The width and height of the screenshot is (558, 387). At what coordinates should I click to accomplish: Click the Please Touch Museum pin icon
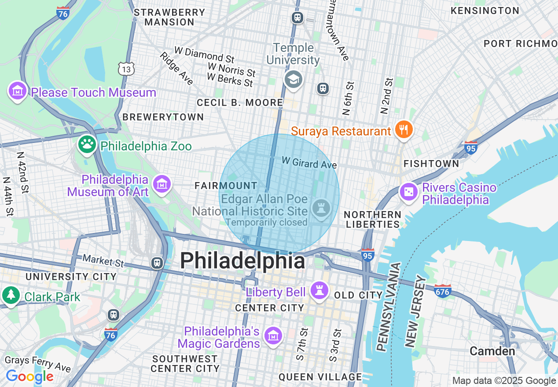(x=17, y=91)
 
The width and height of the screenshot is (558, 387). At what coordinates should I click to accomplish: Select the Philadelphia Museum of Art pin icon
(x=162, y=184)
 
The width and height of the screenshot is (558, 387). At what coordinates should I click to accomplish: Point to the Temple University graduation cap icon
(x=293, y=80)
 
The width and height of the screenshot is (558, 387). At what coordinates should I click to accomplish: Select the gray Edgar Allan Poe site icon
(x=321, y=208)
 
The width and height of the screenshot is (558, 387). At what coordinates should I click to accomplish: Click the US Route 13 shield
(x=126, y=68)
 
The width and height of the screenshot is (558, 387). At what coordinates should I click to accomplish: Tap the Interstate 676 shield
(x=442, y=291)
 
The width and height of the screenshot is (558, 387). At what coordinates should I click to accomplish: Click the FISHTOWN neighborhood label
(x=431, y=164)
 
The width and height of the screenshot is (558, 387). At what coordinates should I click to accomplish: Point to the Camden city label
(x=492, y=351)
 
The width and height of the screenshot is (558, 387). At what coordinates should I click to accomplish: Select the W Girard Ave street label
(x=309, y=162)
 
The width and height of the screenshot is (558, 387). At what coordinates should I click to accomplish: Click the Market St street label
(x=103, y=261)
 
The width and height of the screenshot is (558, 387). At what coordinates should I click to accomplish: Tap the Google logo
(x=29, y=377)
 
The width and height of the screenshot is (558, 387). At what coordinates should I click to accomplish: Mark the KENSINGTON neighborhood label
(x=485, y=11)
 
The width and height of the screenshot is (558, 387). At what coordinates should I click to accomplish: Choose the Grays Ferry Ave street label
(x=37, y=363)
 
